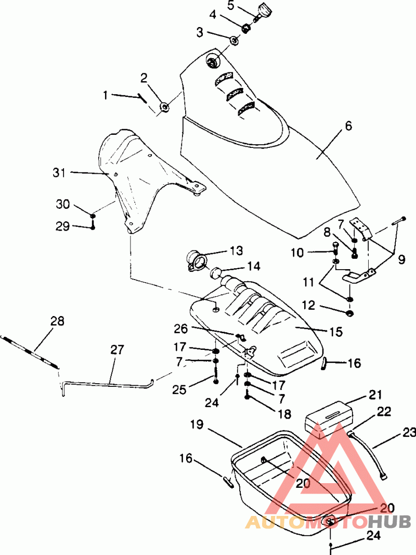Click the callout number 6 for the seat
click(348, 125)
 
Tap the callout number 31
click(59, 173)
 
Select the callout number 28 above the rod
click(58, 321)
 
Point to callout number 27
click(117, 350)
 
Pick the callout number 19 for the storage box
click(197, 424)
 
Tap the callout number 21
click(375, 394)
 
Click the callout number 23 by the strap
click(409, 433)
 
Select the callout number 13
click(236, 250)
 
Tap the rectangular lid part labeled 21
click(329, 420)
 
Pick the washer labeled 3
click(233, 41)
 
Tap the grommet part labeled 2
click(164, 106)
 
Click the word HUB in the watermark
click(389, 521)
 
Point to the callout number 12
click(309, 305)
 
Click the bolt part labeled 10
click(335, 249)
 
